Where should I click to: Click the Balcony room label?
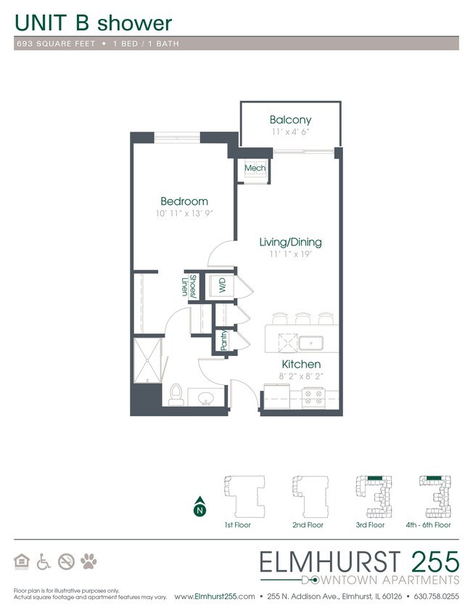[x=290, y=120]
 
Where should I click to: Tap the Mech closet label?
[x=255, y=168]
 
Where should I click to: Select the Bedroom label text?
[x=184, y=201]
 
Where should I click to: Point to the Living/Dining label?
[x=290, y=242]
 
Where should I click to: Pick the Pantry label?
[x=223, y=341]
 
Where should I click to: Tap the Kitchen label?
[x=300, y=364]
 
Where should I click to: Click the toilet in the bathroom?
[x=174, y=394]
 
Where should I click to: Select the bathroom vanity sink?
[x=205, y=397]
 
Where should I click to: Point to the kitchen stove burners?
[x=315, y=397]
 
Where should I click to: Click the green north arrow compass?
[x=198, y=508]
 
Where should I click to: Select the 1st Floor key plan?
[x=237, y=495]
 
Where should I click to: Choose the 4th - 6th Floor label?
[x=433, y=524]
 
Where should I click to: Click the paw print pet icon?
[x=90, y=561]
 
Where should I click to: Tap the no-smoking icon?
[x=67, y=561]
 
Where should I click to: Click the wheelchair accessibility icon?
[x=44, y=561]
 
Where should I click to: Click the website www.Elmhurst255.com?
[x=215, y=596]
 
